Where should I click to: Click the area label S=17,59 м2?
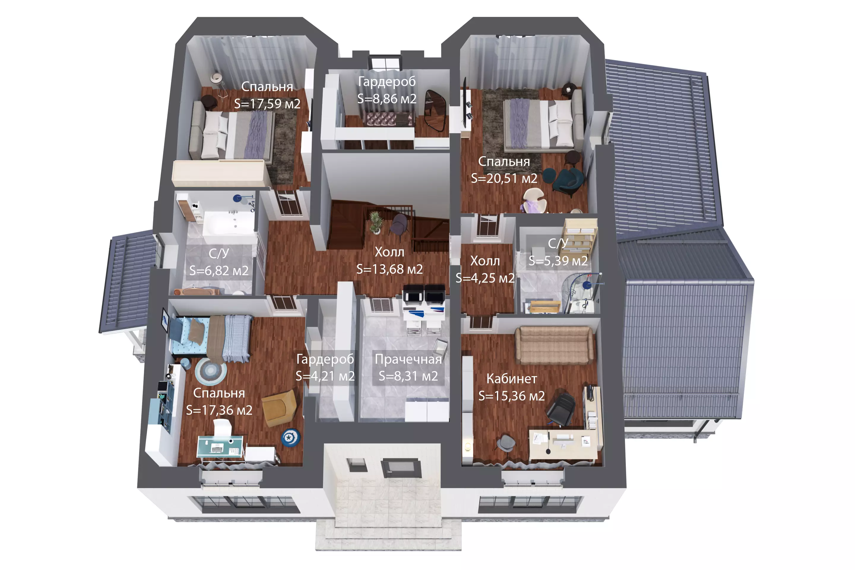(267, 104)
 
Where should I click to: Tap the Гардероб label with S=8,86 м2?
(387, 81)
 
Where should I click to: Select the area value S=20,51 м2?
(504, 178)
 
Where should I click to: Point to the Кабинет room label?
(512, 379)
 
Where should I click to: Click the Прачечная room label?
(408, 359)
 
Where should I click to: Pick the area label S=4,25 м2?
(485, 278)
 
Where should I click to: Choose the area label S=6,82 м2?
(219, 271)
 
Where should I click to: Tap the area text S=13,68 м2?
(389, 269)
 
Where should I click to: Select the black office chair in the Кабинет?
(561, 408)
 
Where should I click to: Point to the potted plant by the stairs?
(376, 222)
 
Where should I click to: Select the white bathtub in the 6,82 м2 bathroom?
(228, 221)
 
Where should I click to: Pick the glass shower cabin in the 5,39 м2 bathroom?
(581, 293)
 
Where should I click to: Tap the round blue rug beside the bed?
(210, 371)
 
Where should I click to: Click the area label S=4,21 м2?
(325, 376)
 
